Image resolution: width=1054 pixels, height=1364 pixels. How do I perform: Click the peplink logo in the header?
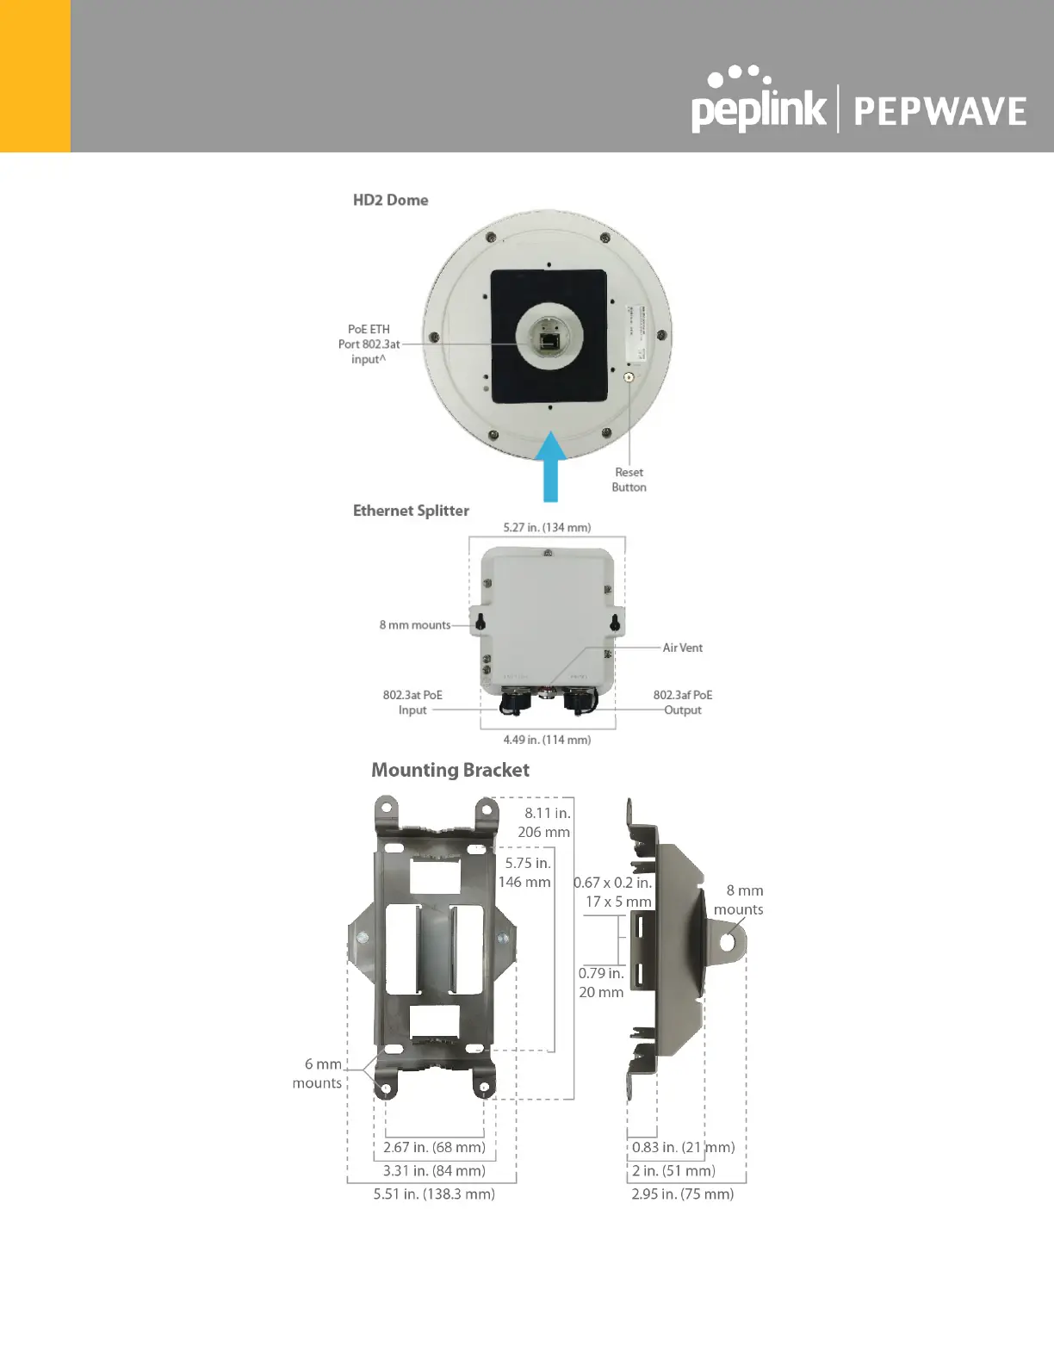(x=758, y=103)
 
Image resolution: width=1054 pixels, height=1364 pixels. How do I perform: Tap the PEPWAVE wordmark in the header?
(x=939, y=112)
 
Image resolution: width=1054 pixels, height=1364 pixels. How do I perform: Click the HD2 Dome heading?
(x=390, y=200)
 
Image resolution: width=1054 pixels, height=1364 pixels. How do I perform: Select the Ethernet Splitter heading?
(x=411, y=511)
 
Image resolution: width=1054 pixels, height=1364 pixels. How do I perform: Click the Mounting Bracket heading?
(x=449, y=770)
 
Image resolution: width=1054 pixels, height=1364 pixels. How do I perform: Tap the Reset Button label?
(x=629, y=480)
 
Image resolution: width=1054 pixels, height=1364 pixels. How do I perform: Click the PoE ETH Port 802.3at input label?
(x=369, y=344)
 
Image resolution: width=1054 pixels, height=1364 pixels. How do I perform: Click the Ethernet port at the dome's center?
(x=549, y=341)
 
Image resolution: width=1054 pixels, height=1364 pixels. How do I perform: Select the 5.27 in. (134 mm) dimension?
(x=547, y=527)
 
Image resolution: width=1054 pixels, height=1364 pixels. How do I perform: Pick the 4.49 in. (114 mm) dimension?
(x=547, y=740)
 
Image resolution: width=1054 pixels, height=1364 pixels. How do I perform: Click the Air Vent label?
(x=682, y=648)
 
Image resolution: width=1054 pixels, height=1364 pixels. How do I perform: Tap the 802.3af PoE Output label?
(x=682, y=703)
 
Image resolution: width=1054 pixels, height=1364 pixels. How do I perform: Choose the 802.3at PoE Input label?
(x=412, y=703)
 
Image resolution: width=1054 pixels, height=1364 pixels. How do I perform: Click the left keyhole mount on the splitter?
(x=480, y=622)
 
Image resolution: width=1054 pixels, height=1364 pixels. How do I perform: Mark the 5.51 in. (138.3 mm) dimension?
(x=434, y=1194)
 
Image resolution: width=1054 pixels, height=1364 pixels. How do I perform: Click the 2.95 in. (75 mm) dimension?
(x=682, y=1194)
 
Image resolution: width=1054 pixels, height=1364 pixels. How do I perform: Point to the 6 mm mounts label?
(x=317, y=1074)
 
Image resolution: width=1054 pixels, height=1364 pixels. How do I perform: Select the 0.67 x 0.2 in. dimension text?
(x=613, y=883)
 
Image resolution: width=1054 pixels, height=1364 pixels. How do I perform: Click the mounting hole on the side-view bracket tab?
(x=728, y=942)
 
